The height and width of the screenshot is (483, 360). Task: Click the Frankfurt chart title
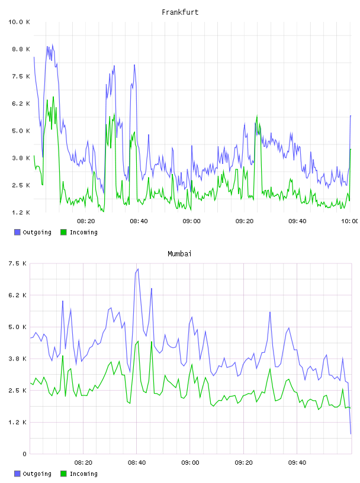coord(180,12)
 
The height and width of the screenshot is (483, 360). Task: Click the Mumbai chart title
coord(179,254)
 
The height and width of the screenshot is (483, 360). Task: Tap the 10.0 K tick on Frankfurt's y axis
coord(19,22)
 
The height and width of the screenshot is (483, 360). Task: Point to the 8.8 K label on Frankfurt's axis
coord(21,49)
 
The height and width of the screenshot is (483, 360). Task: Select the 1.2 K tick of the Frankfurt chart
coord(21,212)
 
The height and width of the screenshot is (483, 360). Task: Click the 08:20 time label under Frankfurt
coord(86,221)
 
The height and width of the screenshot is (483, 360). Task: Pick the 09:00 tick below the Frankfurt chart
coord(191,221)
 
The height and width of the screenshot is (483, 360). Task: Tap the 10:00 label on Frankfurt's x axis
coord(350,221)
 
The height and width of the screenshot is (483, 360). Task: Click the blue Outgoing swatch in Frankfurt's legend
coord(17,232)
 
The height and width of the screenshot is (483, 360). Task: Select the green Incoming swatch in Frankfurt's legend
coord(63,232)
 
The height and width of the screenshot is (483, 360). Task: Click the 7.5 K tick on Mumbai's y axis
coord(18,263)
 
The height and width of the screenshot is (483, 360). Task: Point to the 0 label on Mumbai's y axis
coord(25,454)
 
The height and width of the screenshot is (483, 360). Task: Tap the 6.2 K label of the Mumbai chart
coord(18,295)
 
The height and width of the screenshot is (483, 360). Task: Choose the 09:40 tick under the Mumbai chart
coord(297,463)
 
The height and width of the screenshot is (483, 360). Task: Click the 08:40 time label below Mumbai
coord(137,463)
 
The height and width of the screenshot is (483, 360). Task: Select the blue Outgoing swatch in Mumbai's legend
coord(17,474)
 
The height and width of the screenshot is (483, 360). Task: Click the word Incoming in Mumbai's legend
coord(83,474)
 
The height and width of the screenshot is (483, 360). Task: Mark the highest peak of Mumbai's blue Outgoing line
coord(138,269)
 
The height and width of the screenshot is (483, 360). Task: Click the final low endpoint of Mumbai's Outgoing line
coord(351,434)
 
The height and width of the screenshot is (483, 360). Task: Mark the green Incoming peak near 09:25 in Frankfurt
coord(257,117)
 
